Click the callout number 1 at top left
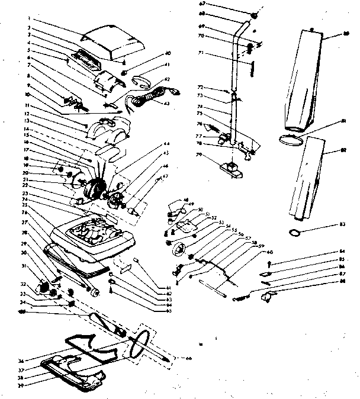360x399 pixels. click(28, 19)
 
